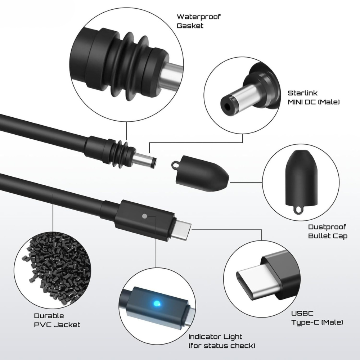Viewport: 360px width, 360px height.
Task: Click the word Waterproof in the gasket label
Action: [x=199, y=17]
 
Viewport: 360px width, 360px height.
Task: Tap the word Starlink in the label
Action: [x=302, y=93]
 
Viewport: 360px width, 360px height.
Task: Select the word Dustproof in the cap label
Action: [x=327, y=227]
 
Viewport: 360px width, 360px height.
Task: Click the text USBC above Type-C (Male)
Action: [x=302, y=314]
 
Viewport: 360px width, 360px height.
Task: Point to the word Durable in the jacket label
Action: [x=49, y=316]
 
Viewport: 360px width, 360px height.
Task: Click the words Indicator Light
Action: [x=215, y=337]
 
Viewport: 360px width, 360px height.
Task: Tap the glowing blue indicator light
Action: [x=157, y=303]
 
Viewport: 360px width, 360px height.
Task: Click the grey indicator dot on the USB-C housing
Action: [x=144, y=216]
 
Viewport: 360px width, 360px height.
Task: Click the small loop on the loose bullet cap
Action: [x=175, y=165]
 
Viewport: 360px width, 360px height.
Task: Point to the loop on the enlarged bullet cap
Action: [x=298, y=210]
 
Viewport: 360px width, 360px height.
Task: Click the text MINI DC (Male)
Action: [x=314, y=102]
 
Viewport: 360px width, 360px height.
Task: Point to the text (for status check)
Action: [x=222, y=346]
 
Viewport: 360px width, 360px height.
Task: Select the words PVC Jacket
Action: [x=57, y=325]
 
